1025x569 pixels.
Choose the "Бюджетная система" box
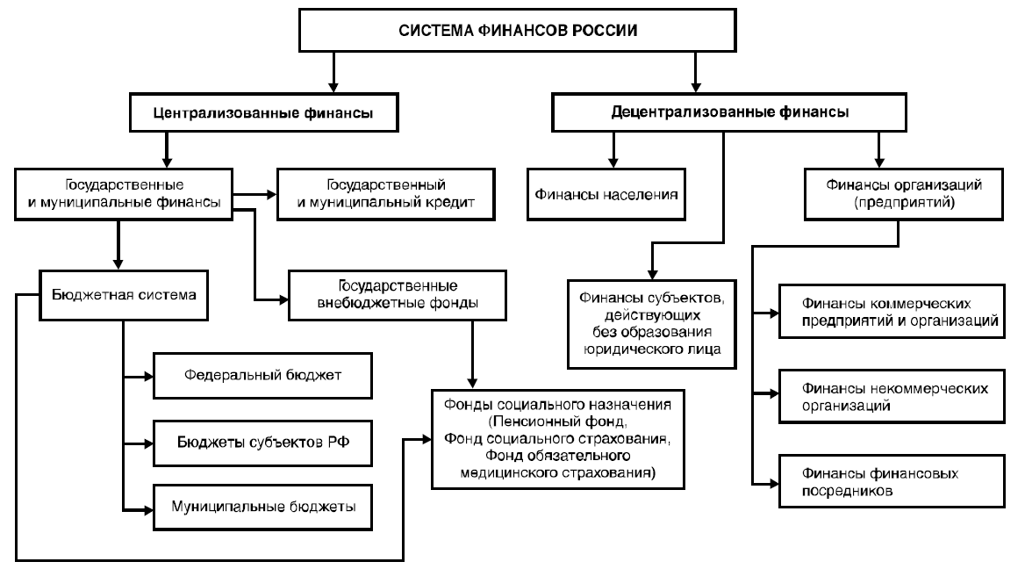(x=122, y=294)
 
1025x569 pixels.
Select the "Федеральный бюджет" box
(x=262, y=376)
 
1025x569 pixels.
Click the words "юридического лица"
(x=650, y=349)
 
